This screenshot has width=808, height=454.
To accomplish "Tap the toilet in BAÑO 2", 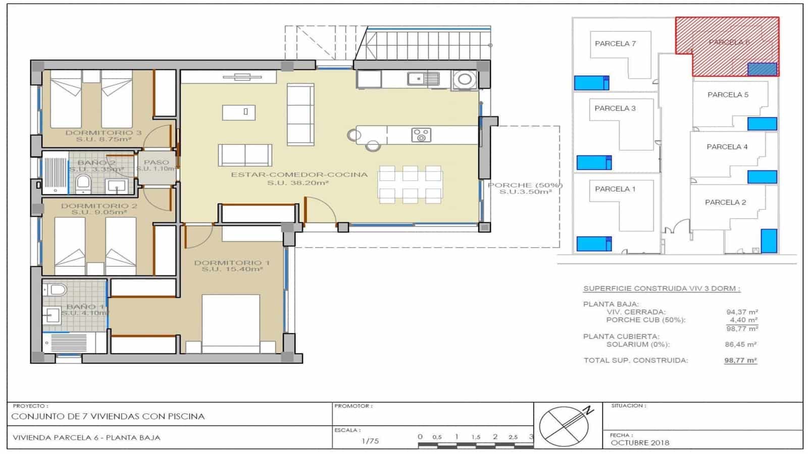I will [83, 184].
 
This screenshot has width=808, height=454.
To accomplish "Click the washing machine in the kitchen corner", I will [464, 79].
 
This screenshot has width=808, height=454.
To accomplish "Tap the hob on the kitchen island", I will [421, 135].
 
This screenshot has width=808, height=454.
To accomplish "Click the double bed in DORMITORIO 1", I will [231, 323].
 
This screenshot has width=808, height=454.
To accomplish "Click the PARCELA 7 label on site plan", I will [615, 44].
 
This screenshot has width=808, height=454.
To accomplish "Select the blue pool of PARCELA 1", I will [594, 244].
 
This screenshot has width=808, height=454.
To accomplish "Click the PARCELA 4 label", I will [727, 147].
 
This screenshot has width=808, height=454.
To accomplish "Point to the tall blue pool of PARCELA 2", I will [769, 241].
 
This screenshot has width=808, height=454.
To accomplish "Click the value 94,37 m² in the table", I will [742, 312].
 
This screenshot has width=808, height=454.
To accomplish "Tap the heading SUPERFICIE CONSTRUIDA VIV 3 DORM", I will [662, 289].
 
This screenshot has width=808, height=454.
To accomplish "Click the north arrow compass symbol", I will [565, 426].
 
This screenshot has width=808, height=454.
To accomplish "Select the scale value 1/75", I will [370, 441].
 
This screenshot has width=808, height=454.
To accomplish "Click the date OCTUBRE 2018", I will [640, 443].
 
